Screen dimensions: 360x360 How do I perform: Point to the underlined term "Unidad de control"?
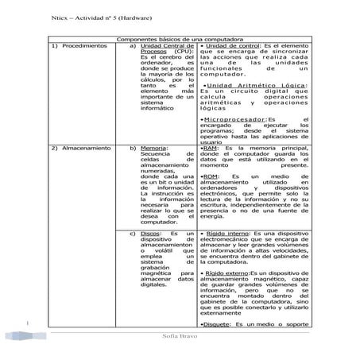click(x=232, y=47)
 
